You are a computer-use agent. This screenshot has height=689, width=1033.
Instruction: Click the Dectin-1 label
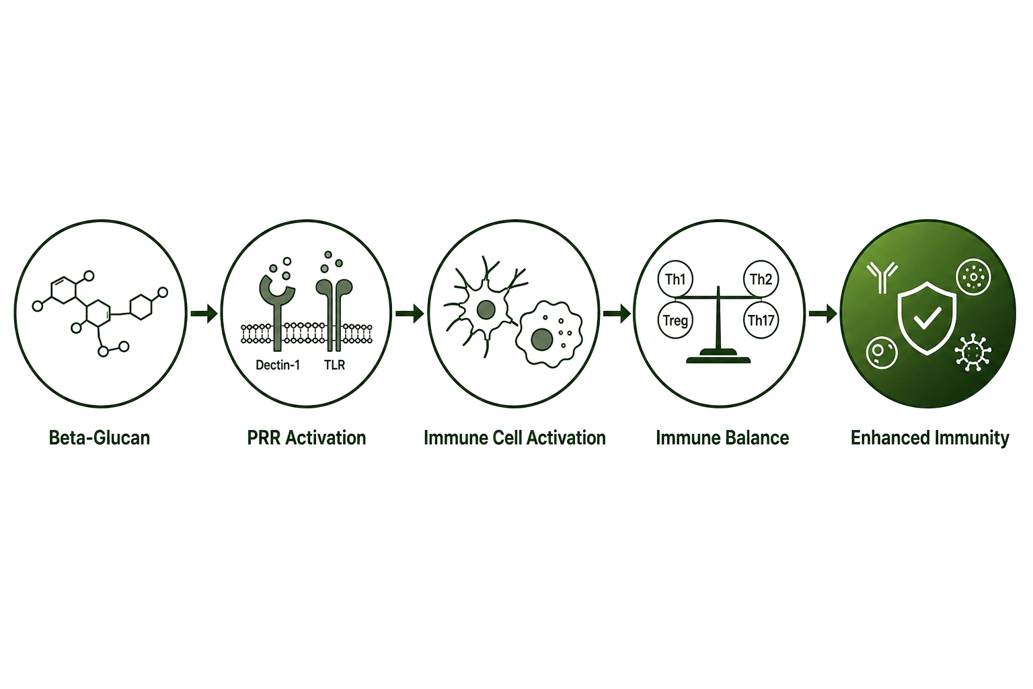coord(278,365)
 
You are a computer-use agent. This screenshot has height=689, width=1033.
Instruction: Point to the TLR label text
coord(334,365)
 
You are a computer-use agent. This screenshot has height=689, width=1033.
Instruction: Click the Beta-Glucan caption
coord(100,438)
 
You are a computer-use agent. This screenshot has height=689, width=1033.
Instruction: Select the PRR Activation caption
coord(307,438)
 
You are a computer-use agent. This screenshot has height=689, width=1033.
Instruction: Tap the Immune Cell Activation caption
coord(514,438)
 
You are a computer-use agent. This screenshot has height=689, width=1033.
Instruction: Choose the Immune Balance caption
coord(722,438)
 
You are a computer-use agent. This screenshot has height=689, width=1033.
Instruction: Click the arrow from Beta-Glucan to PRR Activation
coord(204,314)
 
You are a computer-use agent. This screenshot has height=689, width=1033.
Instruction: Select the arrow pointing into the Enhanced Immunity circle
coord(823,314)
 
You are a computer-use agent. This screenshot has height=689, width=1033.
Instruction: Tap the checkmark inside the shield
coord(927,318)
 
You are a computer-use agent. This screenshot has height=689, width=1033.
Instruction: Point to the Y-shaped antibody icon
coord(882,278)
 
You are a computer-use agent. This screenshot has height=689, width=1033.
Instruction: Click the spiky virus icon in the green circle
coord(973,353)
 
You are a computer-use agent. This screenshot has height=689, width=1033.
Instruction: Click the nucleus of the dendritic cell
coord(486,310)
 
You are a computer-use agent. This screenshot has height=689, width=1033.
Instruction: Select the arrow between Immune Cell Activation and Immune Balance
coord(617,314)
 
